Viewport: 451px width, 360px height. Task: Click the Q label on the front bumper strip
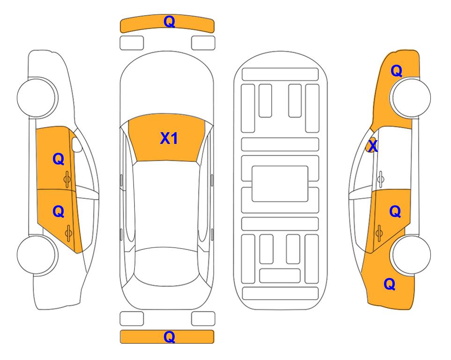169,22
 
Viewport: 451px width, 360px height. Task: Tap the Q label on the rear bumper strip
169,337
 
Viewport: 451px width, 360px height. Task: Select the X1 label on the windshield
169,138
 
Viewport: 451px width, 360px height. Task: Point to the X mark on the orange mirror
373,145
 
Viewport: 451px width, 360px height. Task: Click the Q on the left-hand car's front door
58,159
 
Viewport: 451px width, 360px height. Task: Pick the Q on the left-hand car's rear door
58,212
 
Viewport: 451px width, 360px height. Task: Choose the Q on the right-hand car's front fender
396,71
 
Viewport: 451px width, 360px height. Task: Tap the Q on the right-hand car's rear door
395,212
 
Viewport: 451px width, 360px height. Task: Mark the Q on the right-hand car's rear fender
390,284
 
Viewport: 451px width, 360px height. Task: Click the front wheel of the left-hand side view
37,97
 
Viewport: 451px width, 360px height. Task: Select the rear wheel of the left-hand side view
37,255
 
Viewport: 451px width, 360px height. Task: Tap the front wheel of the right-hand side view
411,97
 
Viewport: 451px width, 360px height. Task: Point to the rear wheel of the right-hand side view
411,255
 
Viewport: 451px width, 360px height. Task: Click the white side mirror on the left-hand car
76,144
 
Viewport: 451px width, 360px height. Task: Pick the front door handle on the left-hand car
67,179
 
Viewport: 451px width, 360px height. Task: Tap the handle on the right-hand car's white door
380,179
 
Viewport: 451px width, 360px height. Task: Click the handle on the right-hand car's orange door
379,233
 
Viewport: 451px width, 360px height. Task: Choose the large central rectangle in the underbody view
280,184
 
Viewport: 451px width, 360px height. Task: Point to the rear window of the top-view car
169,266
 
